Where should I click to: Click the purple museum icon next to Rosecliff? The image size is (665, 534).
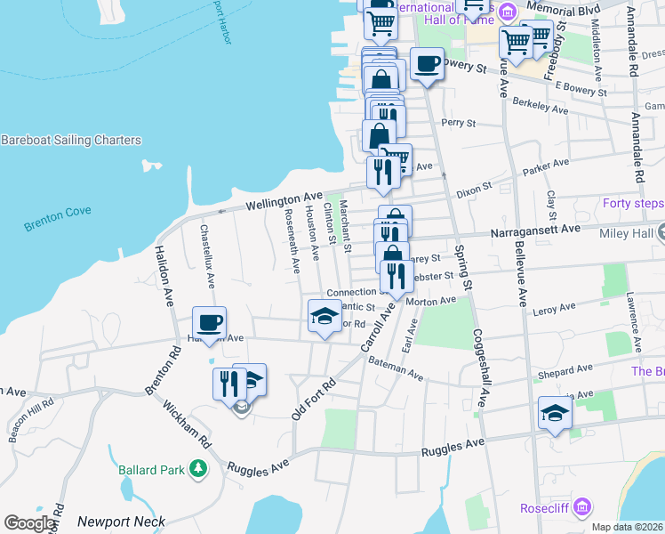pos(583,508)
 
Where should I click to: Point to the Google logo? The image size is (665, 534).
pos(29,522)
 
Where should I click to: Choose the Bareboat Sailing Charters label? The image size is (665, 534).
pos(71,141)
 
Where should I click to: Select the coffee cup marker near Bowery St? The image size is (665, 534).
pos(427,63)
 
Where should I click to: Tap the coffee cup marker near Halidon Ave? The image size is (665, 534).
pos(210,322)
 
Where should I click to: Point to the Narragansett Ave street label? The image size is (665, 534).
pos(536,230)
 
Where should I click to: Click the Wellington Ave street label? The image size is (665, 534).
pos(284,199)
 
